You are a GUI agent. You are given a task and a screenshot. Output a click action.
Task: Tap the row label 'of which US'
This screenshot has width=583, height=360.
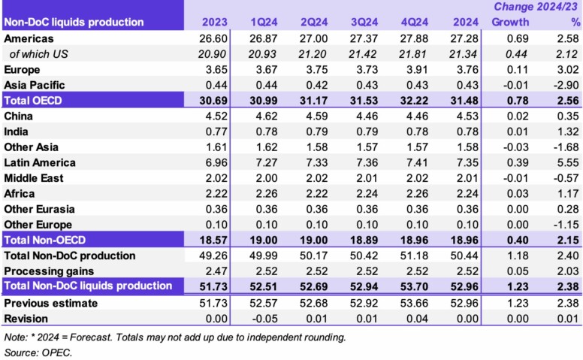[38, 53]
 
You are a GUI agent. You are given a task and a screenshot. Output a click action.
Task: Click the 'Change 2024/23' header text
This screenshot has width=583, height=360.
[536, 7]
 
